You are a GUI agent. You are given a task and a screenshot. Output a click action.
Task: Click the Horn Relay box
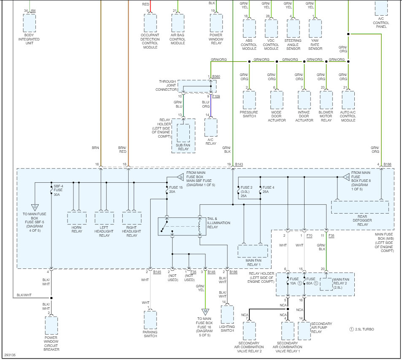[77, 218]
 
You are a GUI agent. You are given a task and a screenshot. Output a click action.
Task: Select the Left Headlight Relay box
[104, 218]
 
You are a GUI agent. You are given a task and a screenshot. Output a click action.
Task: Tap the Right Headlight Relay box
[132, 218]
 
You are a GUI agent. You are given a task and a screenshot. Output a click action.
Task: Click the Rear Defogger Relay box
[360, 207]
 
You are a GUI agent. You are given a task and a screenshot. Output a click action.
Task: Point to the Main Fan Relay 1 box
[252, 251]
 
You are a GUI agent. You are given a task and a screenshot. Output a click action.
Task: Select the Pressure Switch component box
[249, 100]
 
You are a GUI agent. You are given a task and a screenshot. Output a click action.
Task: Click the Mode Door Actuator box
[277, 100]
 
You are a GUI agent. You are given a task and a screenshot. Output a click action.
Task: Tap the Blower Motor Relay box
[326, 100]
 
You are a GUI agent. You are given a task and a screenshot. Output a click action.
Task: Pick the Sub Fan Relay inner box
[183, 133]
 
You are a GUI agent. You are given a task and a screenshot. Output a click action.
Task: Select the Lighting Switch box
[227, 314]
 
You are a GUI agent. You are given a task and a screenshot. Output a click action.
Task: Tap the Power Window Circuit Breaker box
[51, 325]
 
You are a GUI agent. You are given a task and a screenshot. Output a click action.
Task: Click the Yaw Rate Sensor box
[315, 29]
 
